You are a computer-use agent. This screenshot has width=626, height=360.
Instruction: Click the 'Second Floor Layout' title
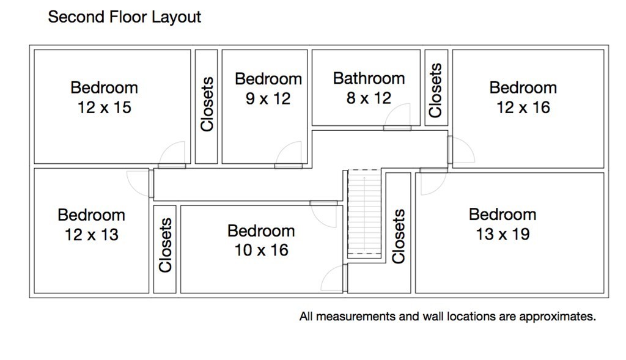tap(125, 17)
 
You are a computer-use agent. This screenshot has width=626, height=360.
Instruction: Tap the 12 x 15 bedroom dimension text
tap(104, 108)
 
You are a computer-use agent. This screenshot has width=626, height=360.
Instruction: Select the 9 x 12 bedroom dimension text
tap(268, 98)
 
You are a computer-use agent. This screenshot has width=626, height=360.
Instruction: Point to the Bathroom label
tap(369, 78)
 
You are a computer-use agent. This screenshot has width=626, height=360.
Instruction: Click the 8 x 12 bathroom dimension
tap(369, 98)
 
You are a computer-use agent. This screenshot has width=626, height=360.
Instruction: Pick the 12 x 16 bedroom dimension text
tap(523, 108)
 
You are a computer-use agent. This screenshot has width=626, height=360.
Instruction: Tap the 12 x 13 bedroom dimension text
tap(92, 235)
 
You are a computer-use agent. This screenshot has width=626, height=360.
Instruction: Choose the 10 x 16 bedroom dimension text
tap(261, 250)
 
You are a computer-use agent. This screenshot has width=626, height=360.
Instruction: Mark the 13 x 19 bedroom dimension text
tap(503, 234)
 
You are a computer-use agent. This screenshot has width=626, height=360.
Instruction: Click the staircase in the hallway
tap(364, 212)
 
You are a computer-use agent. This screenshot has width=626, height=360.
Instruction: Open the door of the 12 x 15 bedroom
tap(172, 155)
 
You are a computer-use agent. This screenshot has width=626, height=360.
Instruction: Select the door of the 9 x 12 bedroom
tap(289, 155)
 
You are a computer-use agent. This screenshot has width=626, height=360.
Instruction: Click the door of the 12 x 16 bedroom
tap(461, 150)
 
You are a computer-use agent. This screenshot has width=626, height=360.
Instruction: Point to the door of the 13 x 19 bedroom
tap(433, 182)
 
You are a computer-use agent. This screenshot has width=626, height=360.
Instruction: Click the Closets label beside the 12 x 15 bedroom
tap(207, 104)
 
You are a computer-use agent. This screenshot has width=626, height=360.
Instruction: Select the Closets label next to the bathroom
tap(435, 90)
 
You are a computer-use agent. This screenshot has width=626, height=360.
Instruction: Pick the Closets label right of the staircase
tap(399, 237)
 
